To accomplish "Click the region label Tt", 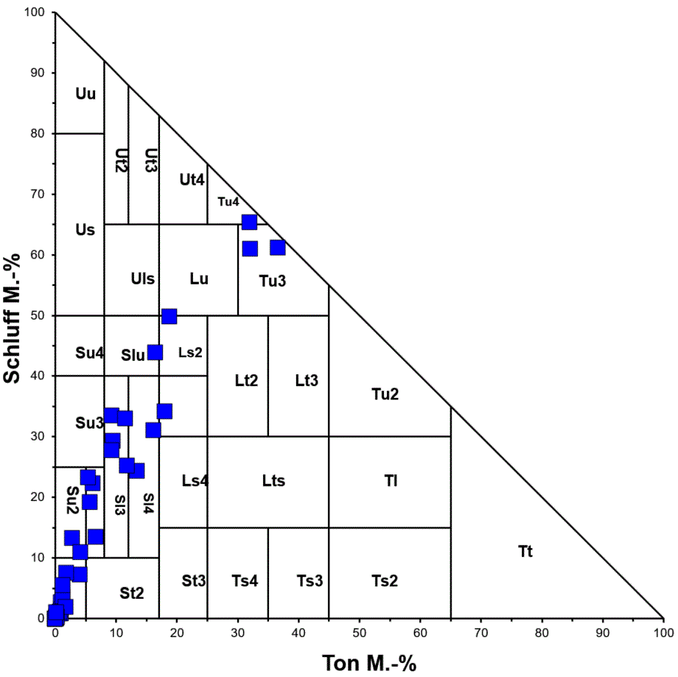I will point(525,551).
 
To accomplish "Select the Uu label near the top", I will point(85,94).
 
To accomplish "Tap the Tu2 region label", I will point(385,394).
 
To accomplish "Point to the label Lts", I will point(273,481).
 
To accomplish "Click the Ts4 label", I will point(245,580).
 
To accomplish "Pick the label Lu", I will point(199,278).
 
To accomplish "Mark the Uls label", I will point(142,278).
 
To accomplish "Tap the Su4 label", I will point(88,352).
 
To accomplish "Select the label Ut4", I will point(192,179).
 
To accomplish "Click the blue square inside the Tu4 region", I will point(250,222).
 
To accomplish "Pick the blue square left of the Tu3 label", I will point(250,248).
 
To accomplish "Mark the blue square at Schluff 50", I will point(169,316).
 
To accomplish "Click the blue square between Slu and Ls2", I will point(155,352).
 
